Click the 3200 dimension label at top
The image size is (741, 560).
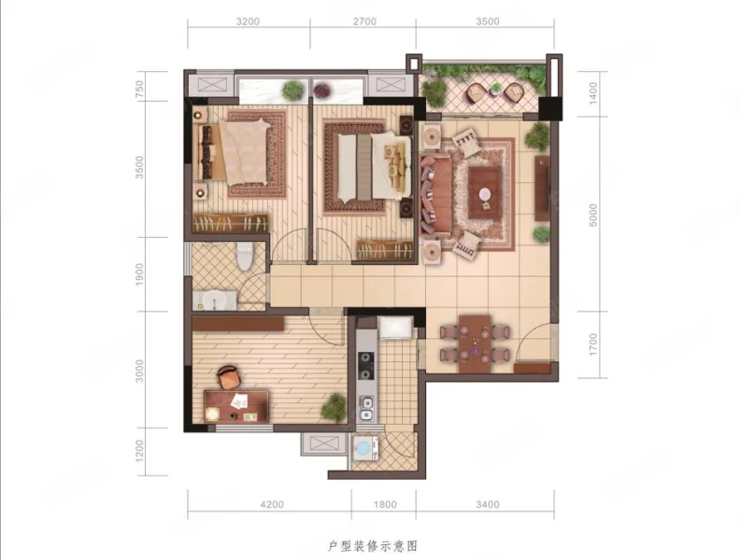click(249, 21)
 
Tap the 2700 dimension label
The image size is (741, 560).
click(364, 21)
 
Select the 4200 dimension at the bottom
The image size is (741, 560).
click(272, 505)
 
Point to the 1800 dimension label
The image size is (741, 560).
click(385, 505)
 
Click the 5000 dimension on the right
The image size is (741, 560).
click(593, 216)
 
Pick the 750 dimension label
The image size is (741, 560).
click(139, 90)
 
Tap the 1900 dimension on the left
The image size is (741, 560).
click(139, 274)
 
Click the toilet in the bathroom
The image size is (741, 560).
click(245, 256)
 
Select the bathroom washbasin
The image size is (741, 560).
click(214, 301)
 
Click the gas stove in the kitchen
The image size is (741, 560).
click(364, 366)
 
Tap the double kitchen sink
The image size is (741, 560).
click(366, 410)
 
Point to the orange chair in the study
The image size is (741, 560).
click(229, 377)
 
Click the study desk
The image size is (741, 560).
click(236, 407)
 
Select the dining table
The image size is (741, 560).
click(475, 343)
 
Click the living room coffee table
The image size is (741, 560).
click(485, 192)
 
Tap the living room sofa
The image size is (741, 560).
click(435, 194)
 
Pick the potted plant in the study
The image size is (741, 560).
click(334, 407)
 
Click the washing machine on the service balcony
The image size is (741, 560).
click(364, 447)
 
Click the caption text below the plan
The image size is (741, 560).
click(373, 546)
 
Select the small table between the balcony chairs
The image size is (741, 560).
click(496, 89)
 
